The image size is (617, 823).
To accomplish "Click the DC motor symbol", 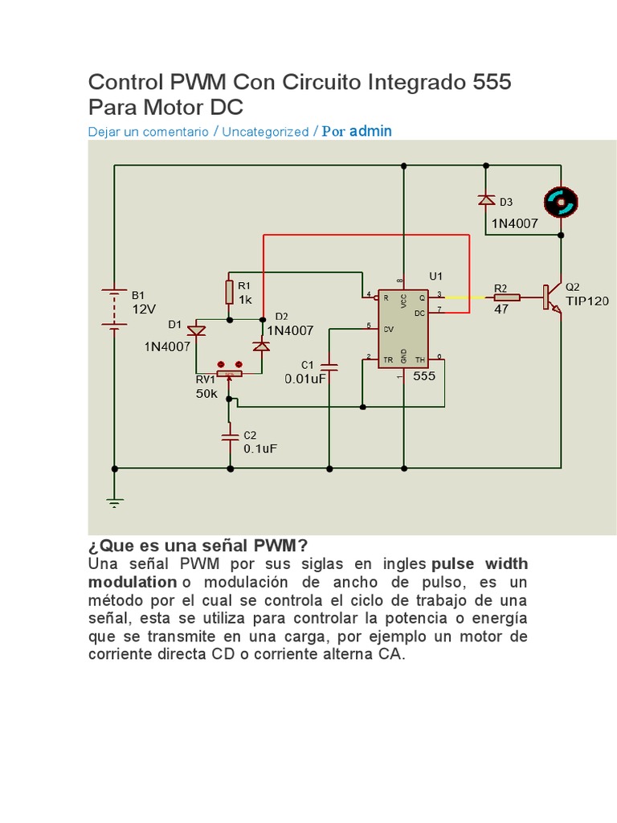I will (x=562, y=203).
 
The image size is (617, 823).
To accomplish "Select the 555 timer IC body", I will (x=403, y=328).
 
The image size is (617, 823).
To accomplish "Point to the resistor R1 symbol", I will (x=229, y=291).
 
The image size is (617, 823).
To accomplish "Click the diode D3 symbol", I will (x=484, y=200).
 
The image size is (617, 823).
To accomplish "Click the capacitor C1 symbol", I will (x=329, y=366).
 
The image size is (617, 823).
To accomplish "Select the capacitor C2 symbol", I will (x=229, y=436).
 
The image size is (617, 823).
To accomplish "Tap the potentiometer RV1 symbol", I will (x=229, y=374).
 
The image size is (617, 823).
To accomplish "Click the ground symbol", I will (x=115, y=502).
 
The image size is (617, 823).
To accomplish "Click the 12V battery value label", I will (x=144, y=309).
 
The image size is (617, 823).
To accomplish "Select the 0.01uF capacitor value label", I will (x=305, y=379).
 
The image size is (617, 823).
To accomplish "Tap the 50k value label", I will (x=206, y=393).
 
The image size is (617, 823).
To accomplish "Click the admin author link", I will (x=370, y=130).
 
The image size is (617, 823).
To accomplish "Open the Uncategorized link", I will (x=265, y=131).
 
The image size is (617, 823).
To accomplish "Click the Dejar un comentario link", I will (x=148, y=131).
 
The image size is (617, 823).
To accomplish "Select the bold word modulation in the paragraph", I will (x=132, y=581).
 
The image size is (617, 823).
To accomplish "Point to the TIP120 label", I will (x=587, y=301).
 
